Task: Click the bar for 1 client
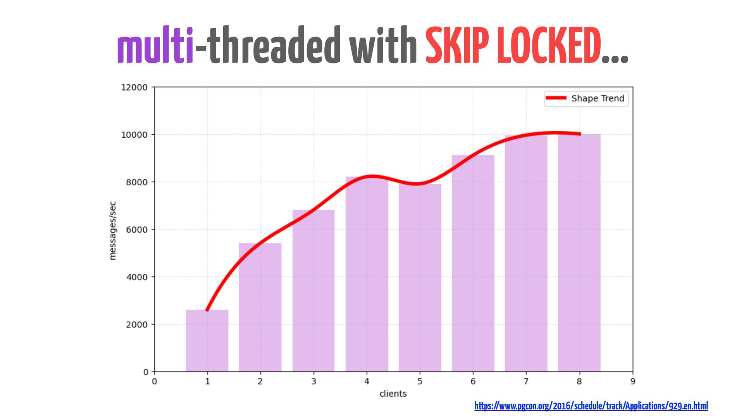(207, 341)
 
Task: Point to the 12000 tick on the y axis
(134, 87)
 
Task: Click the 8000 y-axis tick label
(136, 182)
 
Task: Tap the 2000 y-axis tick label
(136, 325)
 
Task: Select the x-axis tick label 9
(632, 382)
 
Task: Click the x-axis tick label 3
(313, 382)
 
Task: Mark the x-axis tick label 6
(473, 382)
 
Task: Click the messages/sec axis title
(113, 231)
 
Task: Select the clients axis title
(393, 394)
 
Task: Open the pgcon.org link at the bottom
(591, 406)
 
